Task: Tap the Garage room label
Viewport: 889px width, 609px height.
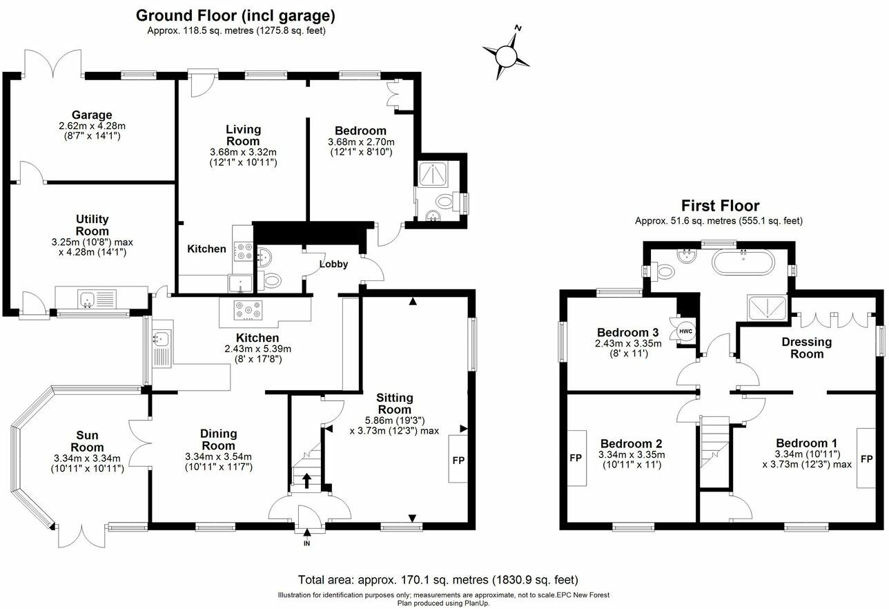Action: click(92, 115)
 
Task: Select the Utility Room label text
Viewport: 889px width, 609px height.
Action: click(92, 225)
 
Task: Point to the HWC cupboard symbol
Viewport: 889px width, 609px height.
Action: click(686, 330)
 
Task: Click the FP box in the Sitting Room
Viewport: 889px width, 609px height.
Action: click(458, 459)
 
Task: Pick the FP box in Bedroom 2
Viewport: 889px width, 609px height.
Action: click(576, 458)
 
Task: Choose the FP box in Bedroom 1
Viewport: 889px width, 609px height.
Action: click(866, 458)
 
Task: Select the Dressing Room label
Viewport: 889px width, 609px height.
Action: click(806, 348)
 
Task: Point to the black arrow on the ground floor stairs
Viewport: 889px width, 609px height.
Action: click(307, 479)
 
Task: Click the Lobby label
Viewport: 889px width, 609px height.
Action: click(333, 264)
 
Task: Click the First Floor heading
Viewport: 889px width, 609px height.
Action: click(720, 206)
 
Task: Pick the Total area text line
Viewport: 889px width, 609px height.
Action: click(438, 580)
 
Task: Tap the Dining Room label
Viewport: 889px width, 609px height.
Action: click(218, 440)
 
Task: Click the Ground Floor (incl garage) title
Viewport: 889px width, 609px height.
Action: click(235, 15)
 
